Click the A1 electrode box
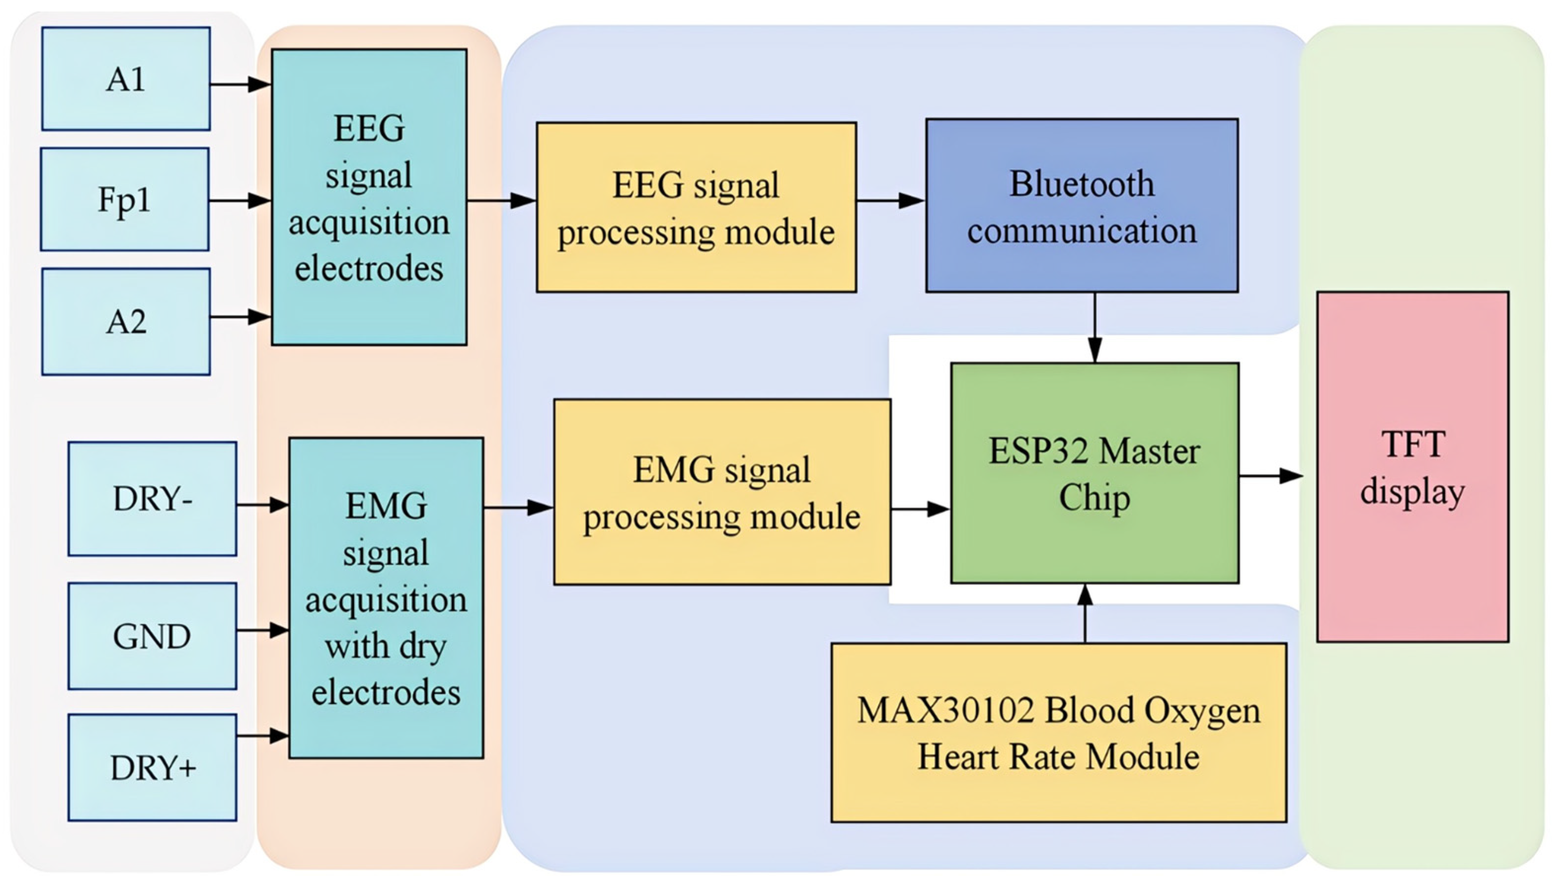[126, 79]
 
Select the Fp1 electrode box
[125, 199]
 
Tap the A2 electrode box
[126, 322]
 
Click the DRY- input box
[152, 499]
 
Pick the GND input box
[152, 636]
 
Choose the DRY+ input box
[152, 767]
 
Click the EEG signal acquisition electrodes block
[369, 197]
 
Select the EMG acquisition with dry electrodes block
[386, 598]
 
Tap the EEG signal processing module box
[696, 208]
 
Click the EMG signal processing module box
[722, 492]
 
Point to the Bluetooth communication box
[1082, 206]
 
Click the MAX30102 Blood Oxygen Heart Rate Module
[1058, 732]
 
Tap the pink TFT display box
[1412, 467]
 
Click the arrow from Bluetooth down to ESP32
[1095, 328]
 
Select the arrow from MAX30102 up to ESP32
[1085, 614]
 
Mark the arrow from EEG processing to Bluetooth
[891, 200]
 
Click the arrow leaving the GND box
[263, 630]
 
